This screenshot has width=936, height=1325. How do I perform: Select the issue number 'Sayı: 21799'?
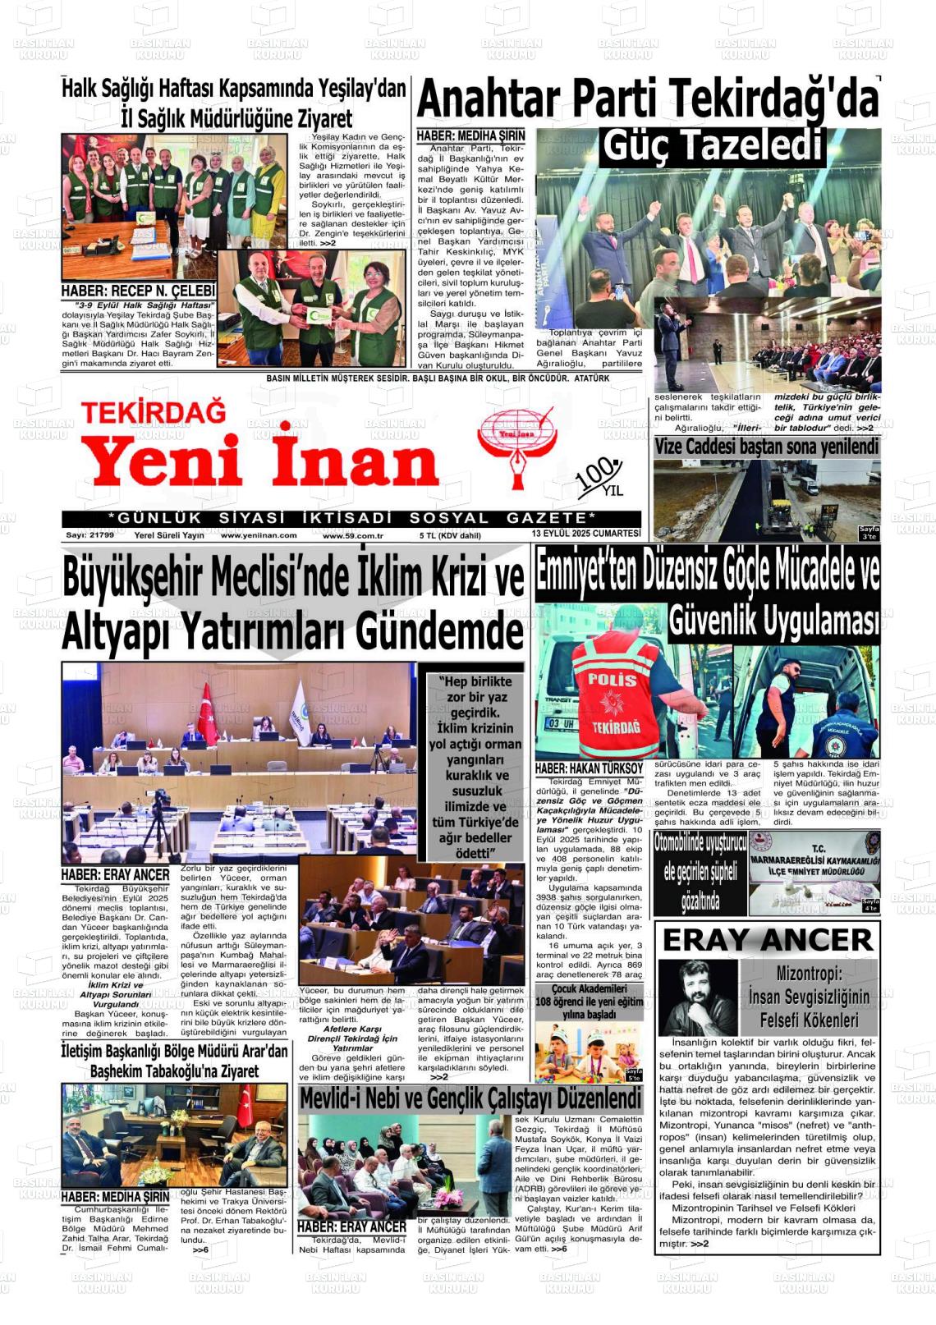click(89, 535)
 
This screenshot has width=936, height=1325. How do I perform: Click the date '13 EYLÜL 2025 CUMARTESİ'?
click(585, 534)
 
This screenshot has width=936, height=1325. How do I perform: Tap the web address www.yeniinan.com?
click(259, 535)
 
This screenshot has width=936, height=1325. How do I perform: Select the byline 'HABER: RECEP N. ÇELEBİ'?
click(137, 291)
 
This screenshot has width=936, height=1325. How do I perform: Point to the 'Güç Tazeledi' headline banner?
click(712, 146)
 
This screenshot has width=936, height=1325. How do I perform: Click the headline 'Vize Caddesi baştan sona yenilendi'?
click(766, 447)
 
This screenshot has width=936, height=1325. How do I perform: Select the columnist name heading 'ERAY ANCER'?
click(767, 940)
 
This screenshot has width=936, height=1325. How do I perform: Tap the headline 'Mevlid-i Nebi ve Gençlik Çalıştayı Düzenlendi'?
click(470, 1098)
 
